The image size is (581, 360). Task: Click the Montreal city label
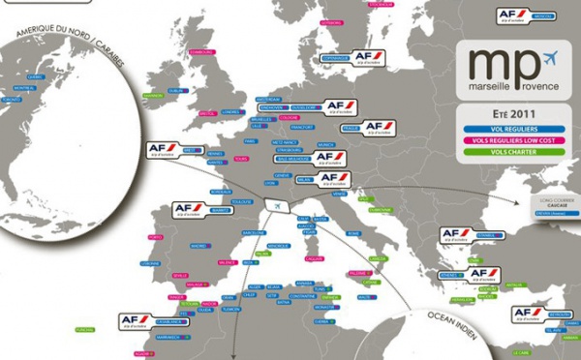[22, 88]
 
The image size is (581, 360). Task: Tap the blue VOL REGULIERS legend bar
[513, 127]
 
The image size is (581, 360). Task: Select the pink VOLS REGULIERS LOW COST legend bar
[513, 139]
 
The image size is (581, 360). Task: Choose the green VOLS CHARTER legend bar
[513, 152]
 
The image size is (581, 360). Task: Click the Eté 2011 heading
[513, 112]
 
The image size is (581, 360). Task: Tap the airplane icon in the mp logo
[552, 55]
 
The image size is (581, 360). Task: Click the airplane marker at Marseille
[277, 206]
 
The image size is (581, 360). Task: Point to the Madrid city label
[199, 246]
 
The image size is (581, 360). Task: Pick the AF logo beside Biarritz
[190, 209]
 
